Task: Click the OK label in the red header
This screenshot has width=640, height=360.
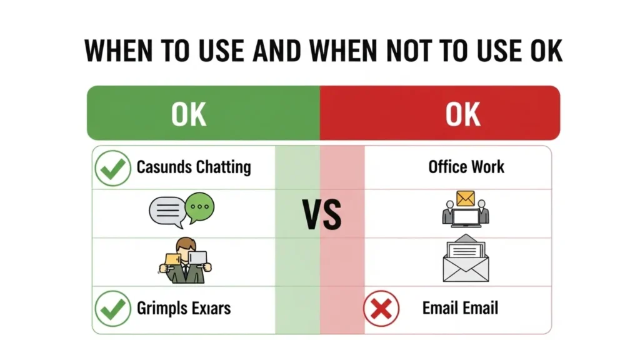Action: [x=463, y=114]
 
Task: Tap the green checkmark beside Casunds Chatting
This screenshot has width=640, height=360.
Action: [x=112, y=168]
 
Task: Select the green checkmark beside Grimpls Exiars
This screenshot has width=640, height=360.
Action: [x=112, y=309]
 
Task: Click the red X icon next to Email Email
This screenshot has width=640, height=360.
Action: [x=381, y=309]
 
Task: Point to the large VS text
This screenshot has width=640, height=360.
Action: [x=322, y=214]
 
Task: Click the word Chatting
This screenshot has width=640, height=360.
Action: [x=223, y=167]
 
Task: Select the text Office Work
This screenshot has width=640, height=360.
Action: [x=466, y=167]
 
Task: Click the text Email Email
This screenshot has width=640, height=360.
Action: [x=460, y=308]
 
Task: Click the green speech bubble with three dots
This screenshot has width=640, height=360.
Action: [x=200, y=207]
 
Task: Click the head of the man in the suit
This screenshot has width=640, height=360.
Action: [x=185, y=245]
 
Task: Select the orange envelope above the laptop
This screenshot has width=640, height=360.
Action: [x=466, y=198]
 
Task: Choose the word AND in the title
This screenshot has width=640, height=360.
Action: [x=278, y=51]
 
